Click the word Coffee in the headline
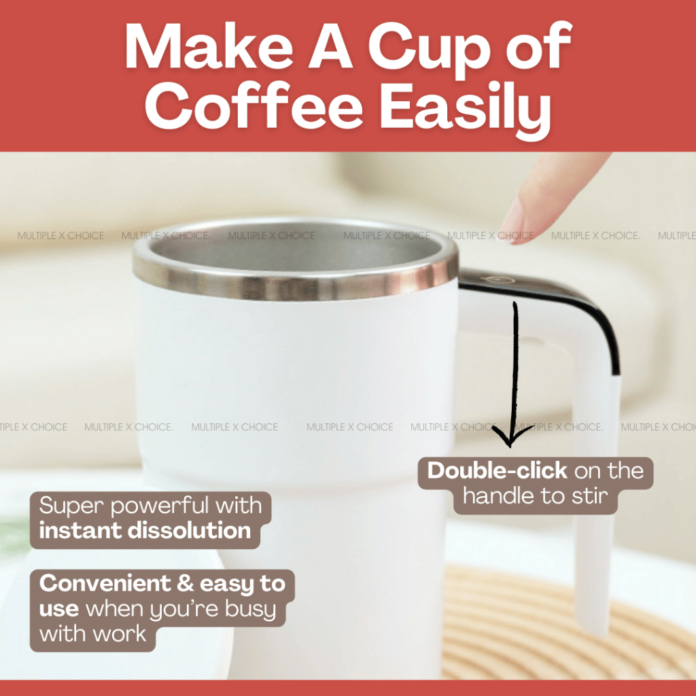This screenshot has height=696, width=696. [254, 106]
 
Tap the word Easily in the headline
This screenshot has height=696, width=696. [466, 109]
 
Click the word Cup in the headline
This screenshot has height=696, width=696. [430, 49]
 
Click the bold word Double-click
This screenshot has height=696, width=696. [497, 470]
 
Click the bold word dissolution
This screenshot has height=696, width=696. [189, 530]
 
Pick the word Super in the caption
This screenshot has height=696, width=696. [71, 506]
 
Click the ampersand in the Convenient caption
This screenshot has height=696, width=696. [185, 583]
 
